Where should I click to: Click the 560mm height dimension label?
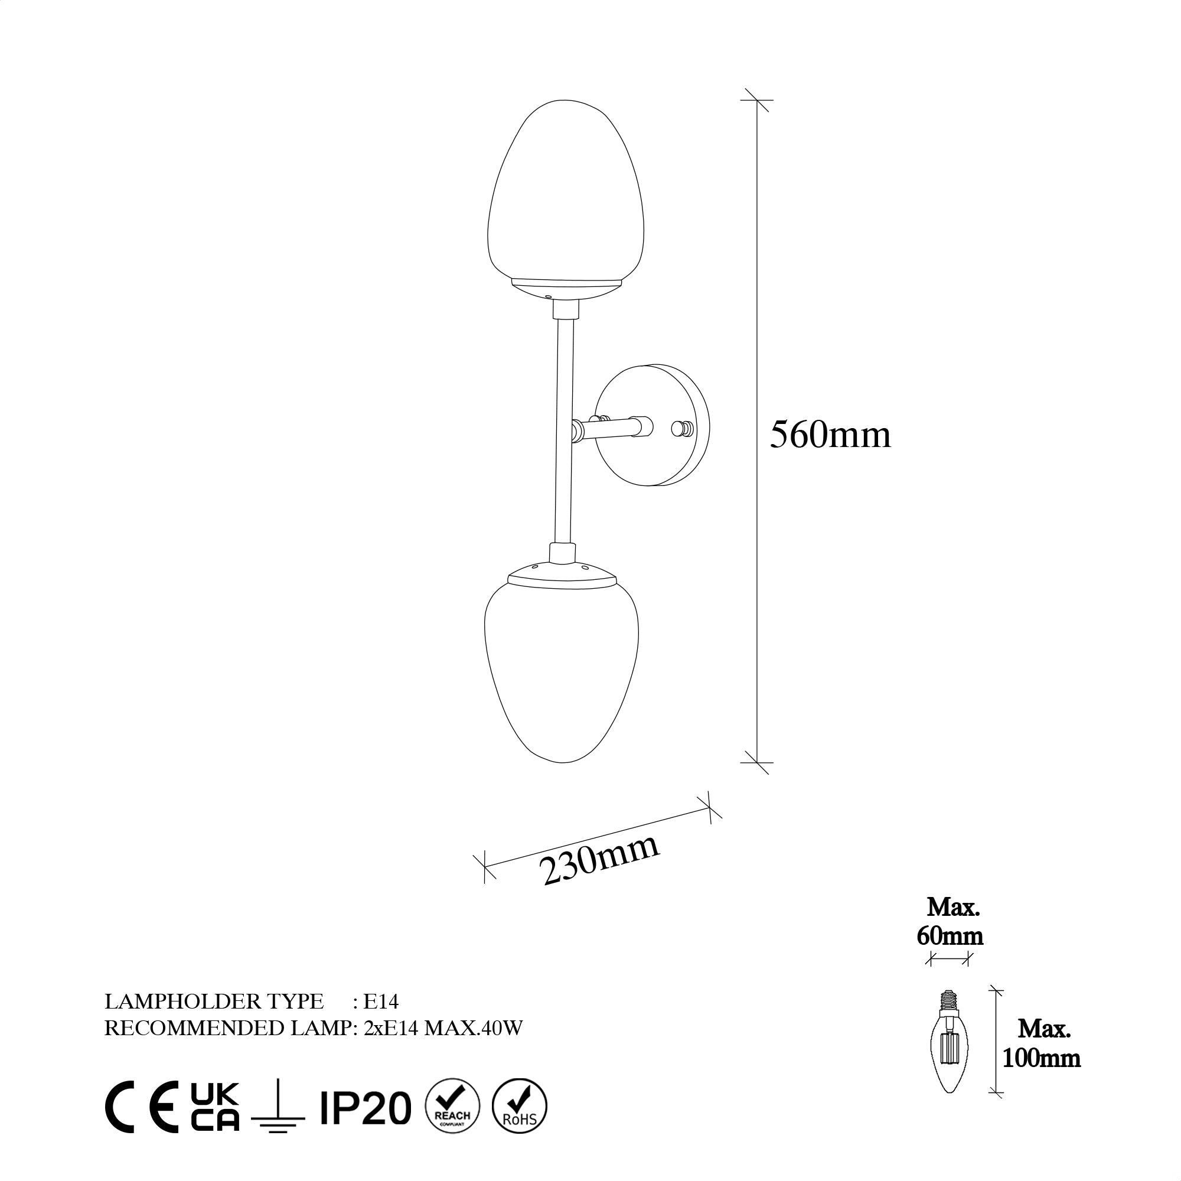point(830,436)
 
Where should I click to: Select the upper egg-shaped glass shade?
point(566,195)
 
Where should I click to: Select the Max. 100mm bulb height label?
point(1042,1061)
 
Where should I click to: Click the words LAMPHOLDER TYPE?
point(214,1002)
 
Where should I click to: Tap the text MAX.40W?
point(473,1029)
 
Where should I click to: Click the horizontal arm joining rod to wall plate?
point(611,429)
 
